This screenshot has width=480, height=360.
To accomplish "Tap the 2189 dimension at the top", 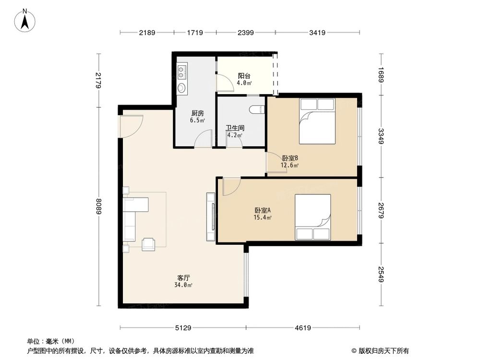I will click(x=148, y=33).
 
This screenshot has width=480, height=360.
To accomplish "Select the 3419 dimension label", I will click(x=318, y=33).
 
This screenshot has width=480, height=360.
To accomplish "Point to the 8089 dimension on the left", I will click(x=98, y=206).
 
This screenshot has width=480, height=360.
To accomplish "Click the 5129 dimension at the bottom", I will click(x=183, y=328).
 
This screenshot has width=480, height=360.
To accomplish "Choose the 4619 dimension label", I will click(x=303, y=328).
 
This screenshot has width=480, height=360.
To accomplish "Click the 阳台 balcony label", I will click(x=244, y=76).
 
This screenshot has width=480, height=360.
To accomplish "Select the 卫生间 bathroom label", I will click(x=235, y=129).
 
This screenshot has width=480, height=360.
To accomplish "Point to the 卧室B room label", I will click(x=290, y=158).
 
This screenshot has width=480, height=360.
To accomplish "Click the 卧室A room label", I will click(x=263, y=210).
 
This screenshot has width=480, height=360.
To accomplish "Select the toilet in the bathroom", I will click(x=258, y=109).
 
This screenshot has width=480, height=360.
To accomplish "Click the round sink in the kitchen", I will click(x=181, y=88).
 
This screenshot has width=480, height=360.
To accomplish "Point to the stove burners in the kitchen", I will click(x=181, y=72).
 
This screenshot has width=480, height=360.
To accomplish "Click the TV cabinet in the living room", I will click(x=210, y=216).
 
